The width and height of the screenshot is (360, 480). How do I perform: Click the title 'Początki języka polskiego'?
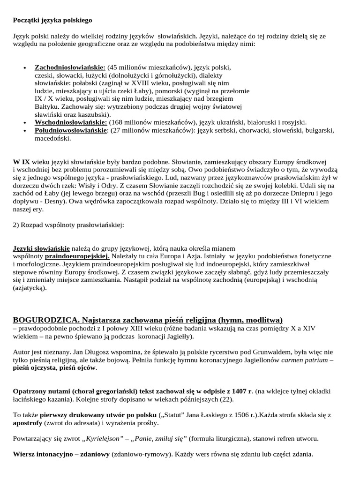[52, 20]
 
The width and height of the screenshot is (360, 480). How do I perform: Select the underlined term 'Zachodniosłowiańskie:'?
[70, 67]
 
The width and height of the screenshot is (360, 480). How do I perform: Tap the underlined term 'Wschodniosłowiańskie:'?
[71, 122]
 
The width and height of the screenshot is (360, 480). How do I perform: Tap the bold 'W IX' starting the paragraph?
[21, 162]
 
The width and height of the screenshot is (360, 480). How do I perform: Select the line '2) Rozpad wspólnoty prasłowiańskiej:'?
[68, 225]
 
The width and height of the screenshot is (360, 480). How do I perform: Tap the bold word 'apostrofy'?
[30, 423]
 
